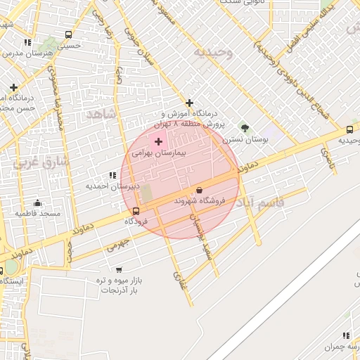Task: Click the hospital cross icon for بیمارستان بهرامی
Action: [x=158, y=142]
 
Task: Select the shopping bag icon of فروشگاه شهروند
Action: [x=200, y=190]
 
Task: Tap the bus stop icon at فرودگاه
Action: [x=136, y=211]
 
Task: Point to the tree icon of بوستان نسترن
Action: [x=245, y=128]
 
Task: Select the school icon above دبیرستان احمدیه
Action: [x=112, y=175]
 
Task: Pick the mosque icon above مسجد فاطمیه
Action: [x=37, y=203]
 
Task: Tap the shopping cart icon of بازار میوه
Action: [x=118, y=269]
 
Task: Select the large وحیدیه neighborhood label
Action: [x=212, y=52]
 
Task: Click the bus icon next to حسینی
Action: [x=68, y=34]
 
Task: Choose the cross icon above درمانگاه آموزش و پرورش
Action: [x=189, y=103]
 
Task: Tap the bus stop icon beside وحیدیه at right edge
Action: [x=349, y=129]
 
